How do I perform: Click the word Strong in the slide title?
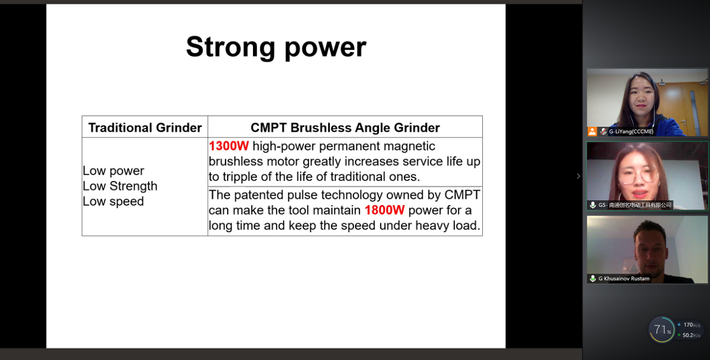[x=230, y=48]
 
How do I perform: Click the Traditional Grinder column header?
[x=145, y=128]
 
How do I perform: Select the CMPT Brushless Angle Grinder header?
[x=345, y=128]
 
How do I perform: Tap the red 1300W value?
[x=229, y=146]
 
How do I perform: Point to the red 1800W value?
[x=385, y=210]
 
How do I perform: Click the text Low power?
[x=113, y=171]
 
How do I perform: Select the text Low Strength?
[x=120, y=186]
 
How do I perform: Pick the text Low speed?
[x=113, y=201]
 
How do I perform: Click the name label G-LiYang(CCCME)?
[x=631, y=132]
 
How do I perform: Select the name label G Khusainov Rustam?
[x=624, y=279]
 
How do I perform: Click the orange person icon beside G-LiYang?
[x=592, y=132]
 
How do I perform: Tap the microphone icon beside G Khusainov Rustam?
[x=592, y=279]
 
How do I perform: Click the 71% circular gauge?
[x=662, y=330]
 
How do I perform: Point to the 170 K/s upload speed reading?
[x=691, y=325]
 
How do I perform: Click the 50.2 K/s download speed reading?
[x=691, y=335]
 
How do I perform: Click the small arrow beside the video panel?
[x=578, y=176]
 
